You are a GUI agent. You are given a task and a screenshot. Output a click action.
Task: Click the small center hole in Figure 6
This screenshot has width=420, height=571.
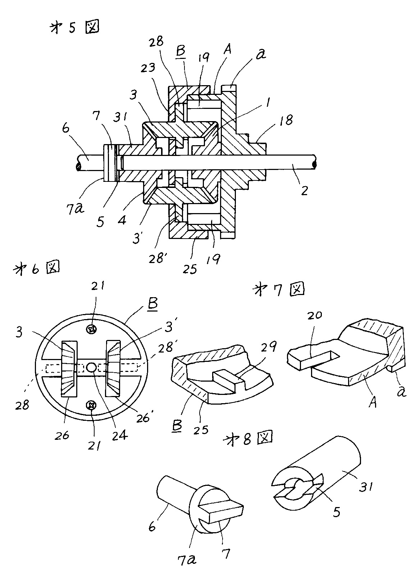click(91, 367)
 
